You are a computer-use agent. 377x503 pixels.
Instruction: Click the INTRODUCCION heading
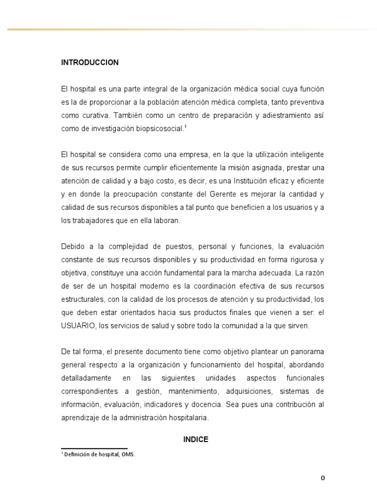tap(90, 62)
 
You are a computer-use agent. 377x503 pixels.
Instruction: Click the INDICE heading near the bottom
tap(196, 440)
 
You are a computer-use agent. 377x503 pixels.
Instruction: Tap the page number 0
tap(323, 478)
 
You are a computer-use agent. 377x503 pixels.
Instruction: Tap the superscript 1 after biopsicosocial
tap(186, 126)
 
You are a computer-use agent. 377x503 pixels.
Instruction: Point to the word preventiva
tap(306, 102)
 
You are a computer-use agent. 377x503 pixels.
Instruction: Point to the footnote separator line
tap(94, 448)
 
